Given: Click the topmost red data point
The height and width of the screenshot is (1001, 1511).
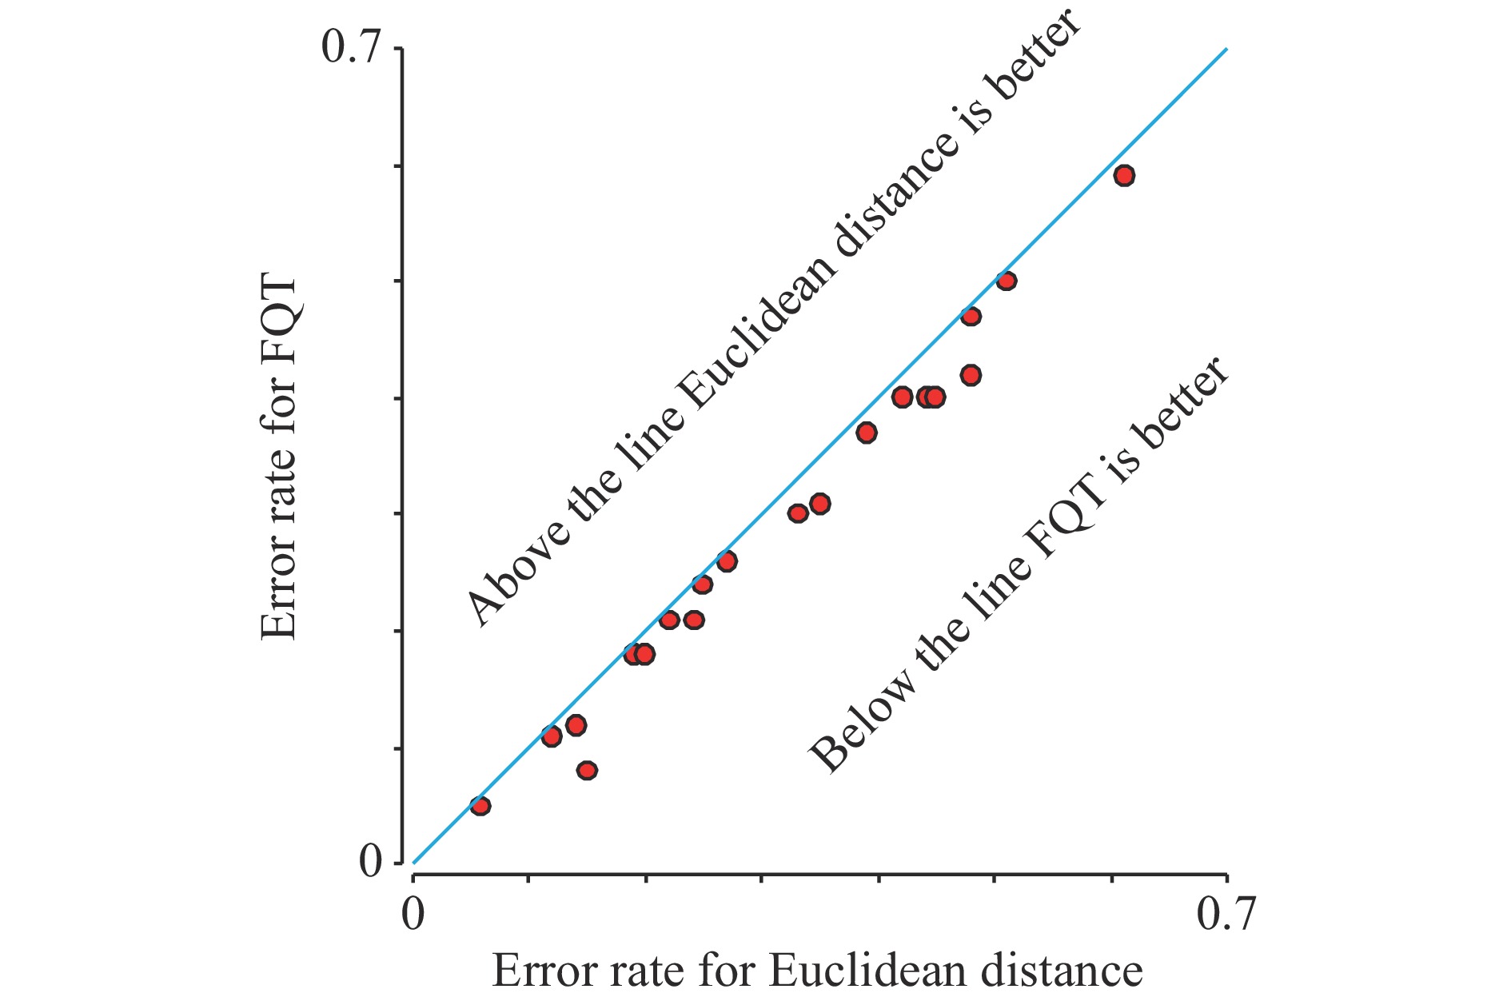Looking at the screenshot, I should point(1124,176).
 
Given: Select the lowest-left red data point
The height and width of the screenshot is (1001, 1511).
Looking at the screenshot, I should point(480,805).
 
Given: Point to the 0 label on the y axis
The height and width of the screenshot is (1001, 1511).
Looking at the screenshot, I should point(370,863).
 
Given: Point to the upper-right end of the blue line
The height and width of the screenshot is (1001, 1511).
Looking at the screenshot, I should point(1226,50).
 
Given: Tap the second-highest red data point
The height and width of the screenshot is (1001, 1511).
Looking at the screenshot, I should point(1007,281).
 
